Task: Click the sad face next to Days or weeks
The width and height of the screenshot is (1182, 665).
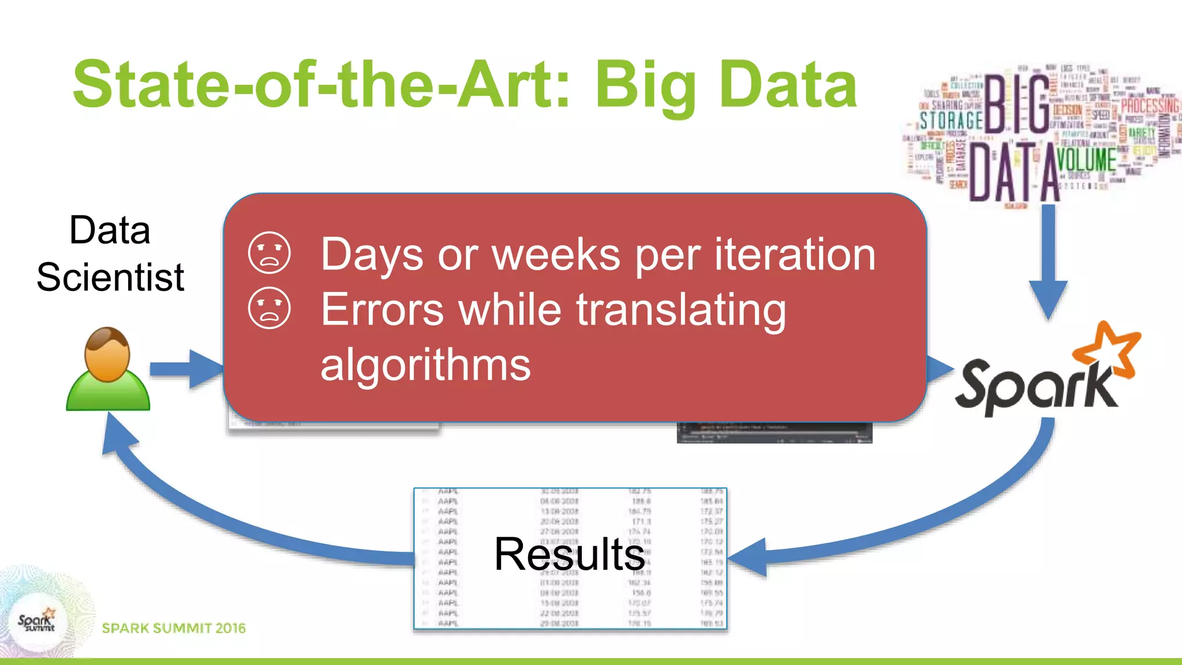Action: (269, 253)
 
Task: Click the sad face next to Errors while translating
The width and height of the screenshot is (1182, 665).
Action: (269, 308)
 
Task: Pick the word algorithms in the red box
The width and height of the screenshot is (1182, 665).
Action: (425, 365)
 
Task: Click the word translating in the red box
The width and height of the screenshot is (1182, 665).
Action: (681, 309)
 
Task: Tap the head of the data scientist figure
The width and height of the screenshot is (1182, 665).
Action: (107, 353)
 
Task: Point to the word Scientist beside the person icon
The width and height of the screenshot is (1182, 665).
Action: (110, 277)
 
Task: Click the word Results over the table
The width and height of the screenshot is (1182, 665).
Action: (569, 554)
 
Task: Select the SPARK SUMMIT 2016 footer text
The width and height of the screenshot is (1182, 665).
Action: (174, 628)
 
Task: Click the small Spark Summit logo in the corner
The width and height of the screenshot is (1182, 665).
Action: (36, 622)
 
